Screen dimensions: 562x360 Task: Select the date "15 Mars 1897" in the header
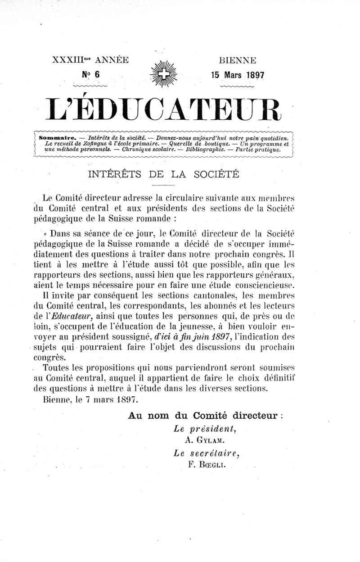pos(237,75)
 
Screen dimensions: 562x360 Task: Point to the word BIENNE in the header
pos(237,60)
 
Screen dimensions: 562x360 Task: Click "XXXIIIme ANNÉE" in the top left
pos(90,60)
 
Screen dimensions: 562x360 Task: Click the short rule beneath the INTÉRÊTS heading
pos(163,185)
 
